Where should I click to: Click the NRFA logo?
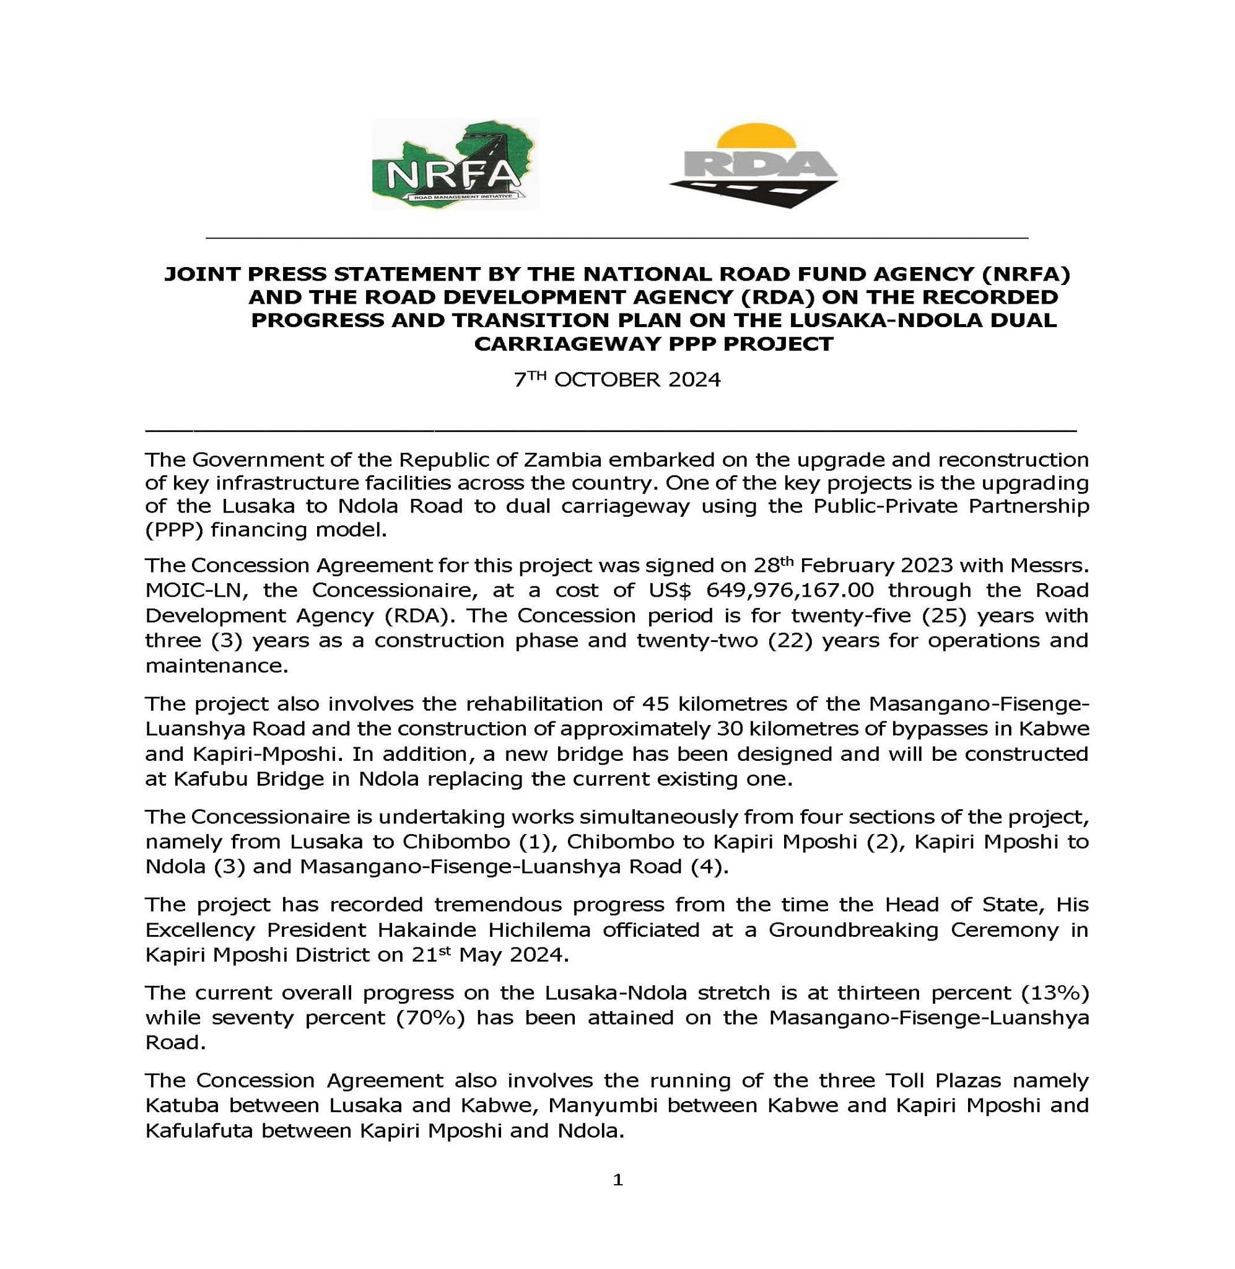[454, 164]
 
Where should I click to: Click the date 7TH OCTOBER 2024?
[617, 380]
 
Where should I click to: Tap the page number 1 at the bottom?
[617, 1180]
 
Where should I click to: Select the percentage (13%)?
[1055, 993]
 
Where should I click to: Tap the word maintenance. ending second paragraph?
[217, 665]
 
